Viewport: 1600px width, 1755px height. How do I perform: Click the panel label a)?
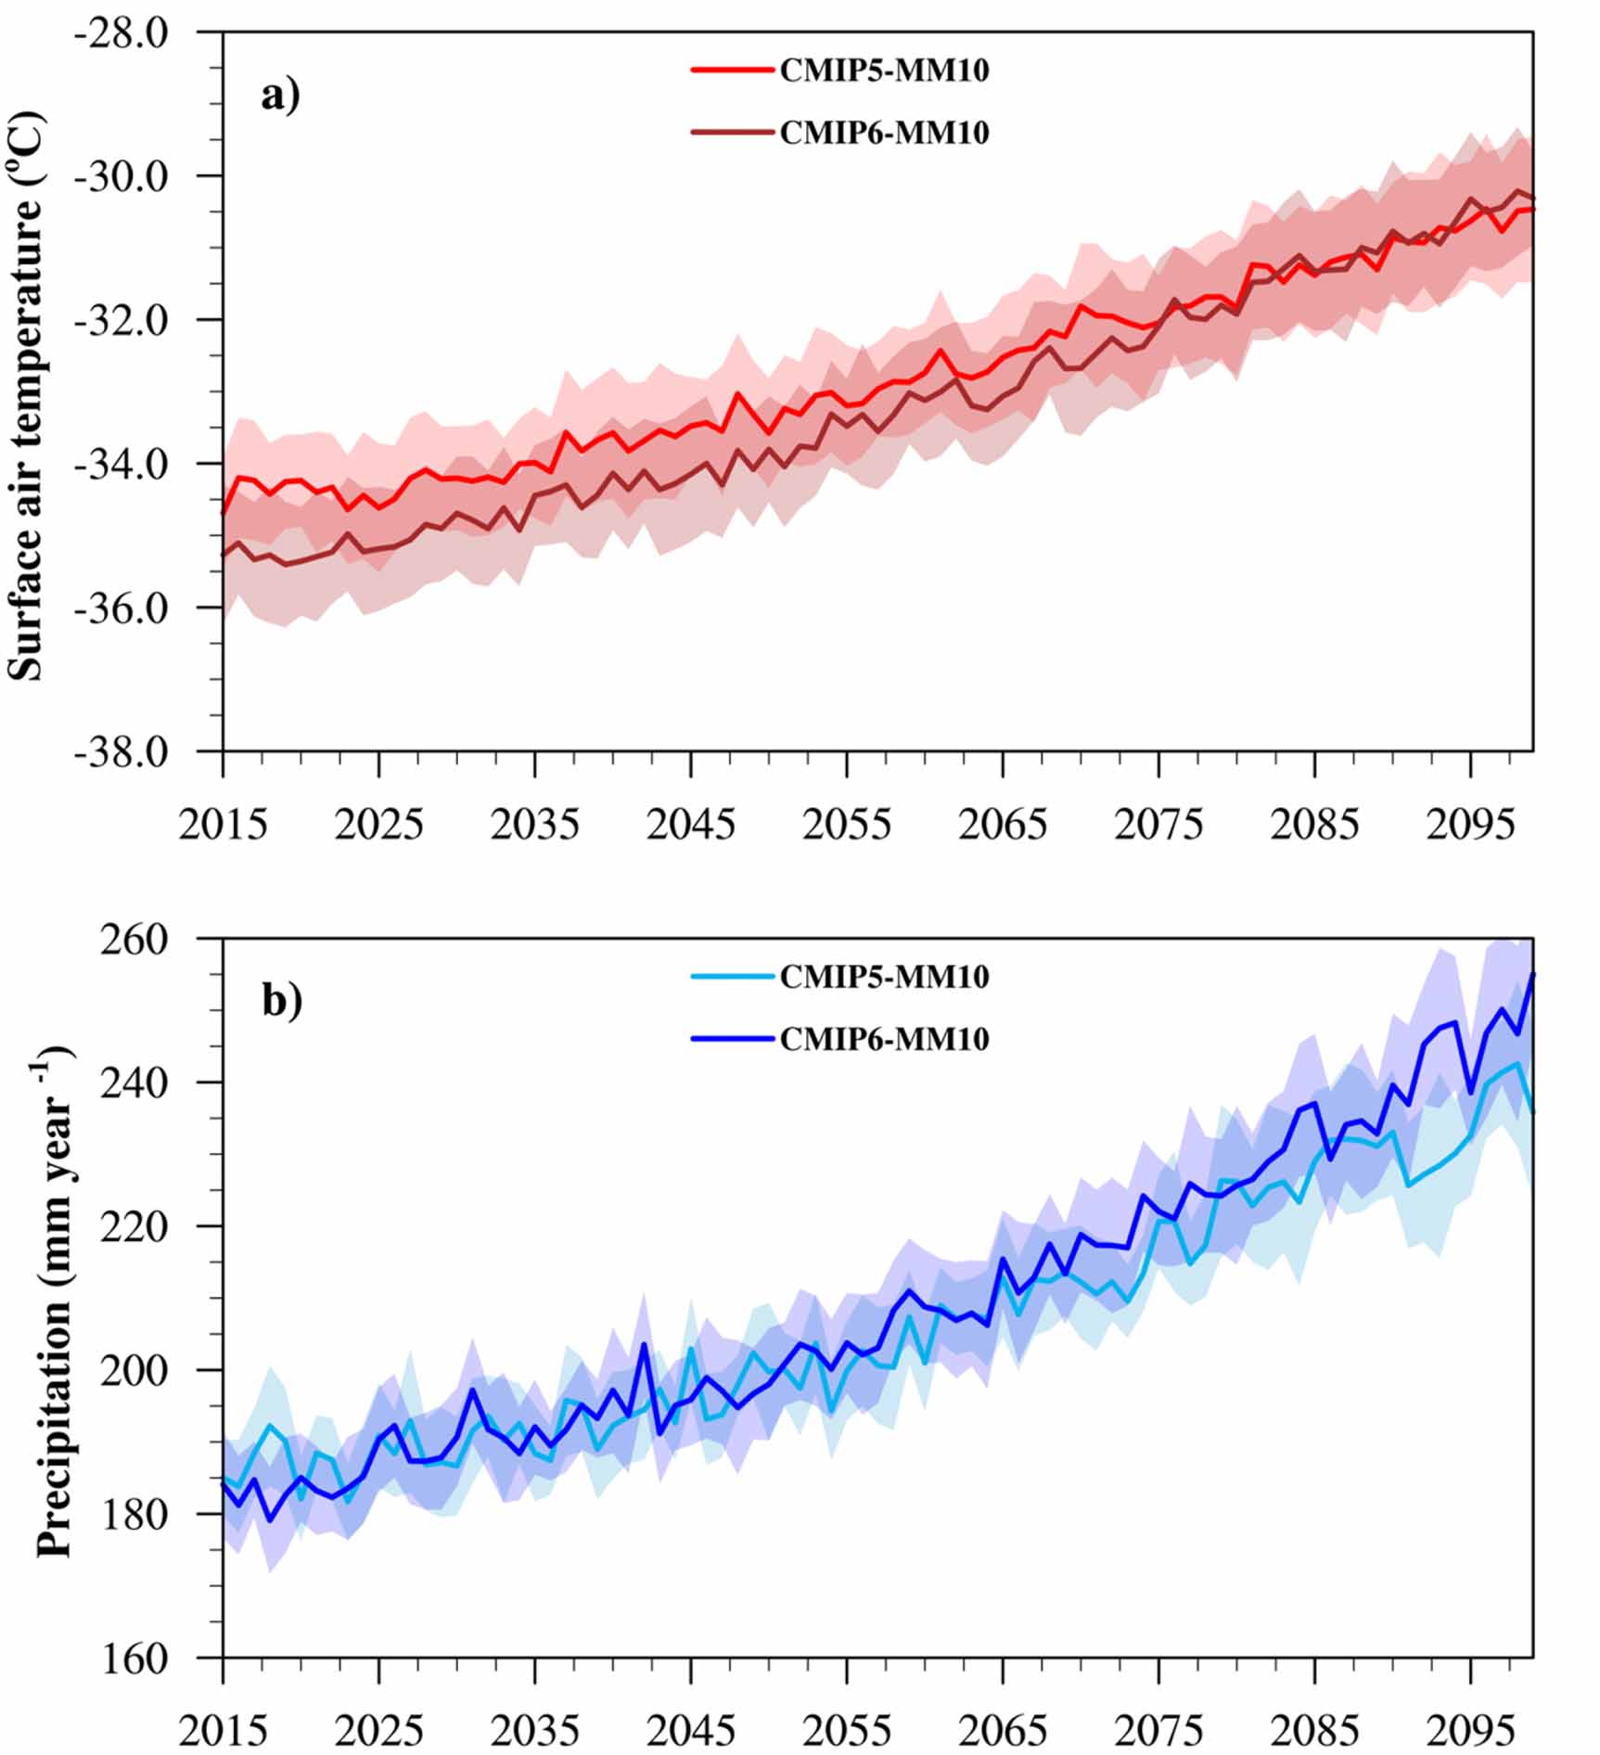pos(280,96)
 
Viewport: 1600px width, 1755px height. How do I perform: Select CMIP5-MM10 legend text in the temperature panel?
pos(884,70)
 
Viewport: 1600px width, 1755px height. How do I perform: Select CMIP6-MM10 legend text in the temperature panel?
pos(884,133)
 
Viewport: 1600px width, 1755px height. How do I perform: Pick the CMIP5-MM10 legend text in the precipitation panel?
pos(884,977)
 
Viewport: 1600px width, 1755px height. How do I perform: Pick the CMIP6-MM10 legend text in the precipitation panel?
pos(884,1039)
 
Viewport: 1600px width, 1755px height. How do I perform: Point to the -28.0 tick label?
pos(122,33)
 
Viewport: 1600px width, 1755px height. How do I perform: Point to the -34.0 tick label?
pos(122,464)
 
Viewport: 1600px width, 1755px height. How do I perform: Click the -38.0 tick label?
pos(122,751)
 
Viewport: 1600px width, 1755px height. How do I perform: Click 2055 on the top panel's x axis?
pos(847,823)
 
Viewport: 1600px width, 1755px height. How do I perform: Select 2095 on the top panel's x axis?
pos(1470,823)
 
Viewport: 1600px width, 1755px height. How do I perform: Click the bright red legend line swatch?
pos(732,70)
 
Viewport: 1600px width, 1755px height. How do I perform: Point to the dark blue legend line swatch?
pos(732,1039)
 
